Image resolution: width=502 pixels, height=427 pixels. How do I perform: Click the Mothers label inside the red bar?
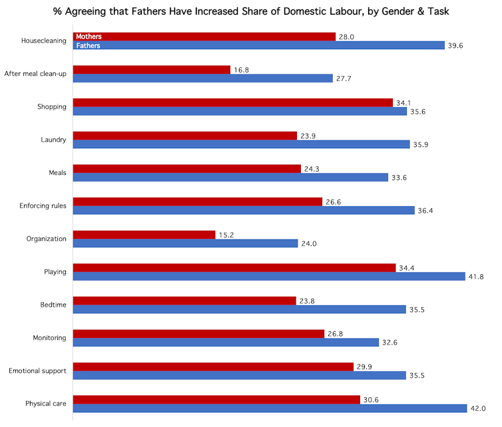click(x=89, y=37)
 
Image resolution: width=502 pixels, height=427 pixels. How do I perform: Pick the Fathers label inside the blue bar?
click(x=88, y=45)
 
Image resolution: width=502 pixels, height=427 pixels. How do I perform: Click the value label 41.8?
click(x=478, y=277)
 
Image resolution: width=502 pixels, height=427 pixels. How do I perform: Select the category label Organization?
click(x=46, y=239)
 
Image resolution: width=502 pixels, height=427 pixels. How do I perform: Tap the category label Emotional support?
click(x=38, y=370)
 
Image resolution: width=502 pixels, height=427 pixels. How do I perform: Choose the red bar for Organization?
click(x=144, y=235)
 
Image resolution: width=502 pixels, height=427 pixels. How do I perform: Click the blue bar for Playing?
click(x=268, y=276)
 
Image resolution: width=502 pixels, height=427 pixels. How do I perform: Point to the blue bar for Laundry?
click(x=241, y=144)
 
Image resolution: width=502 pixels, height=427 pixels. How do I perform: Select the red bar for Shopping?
click(x=232, y=102)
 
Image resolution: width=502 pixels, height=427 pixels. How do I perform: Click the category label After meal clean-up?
click(x=35, y=74)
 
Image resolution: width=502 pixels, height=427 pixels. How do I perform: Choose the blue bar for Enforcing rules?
click(x=243, y=210)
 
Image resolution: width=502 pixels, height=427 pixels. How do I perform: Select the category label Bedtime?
click(x=53, y=305)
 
